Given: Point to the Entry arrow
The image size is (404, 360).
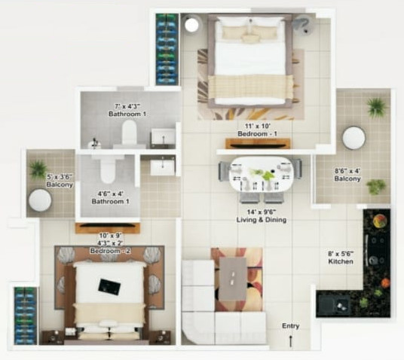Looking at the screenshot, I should pyautogui.click(x=290, y=341).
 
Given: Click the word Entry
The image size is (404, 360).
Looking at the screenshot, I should pyautogui.click(x=290, y=325).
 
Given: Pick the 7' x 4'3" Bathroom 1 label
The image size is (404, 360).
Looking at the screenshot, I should pyautogui.click(x=127, y=109).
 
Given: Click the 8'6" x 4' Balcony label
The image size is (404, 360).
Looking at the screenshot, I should pyautogui.click(x=347, y=175).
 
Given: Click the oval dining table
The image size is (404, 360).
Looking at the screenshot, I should pyautogui.click(x=261, y=174).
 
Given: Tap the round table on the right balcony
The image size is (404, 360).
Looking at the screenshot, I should pyautogui.click(x=353, y=138).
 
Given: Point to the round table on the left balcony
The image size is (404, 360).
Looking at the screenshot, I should pyautogui.click(x=40, y=200).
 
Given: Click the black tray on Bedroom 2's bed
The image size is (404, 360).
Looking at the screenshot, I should pyautogui.click(x=110, y=285).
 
